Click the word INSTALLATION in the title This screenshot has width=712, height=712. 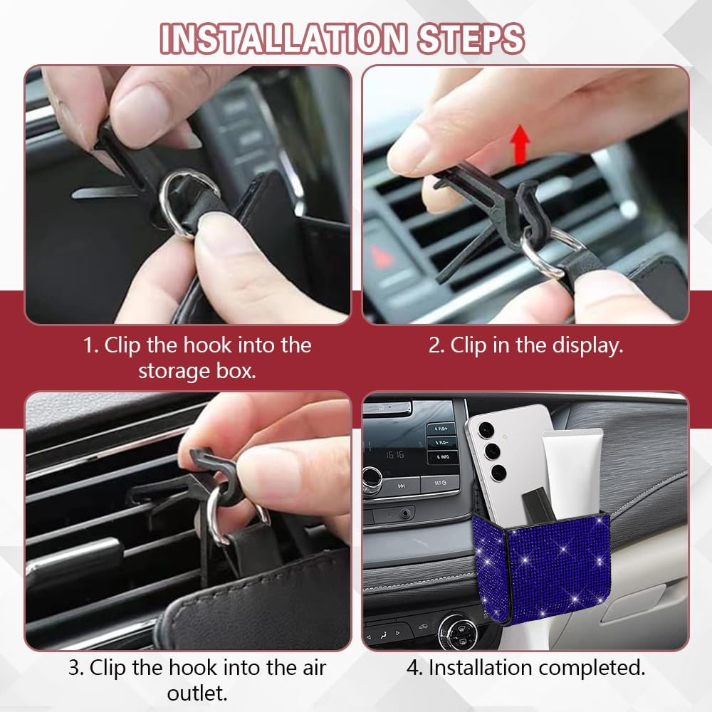coord(283,38)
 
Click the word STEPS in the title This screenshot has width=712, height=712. coord(471,38)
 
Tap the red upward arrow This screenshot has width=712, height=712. coord(520,144)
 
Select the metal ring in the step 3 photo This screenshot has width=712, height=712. coord(214,518)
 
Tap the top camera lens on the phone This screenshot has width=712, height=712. coord(486,429)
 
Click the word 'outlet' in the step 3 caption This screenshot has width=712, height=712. coord(197,693)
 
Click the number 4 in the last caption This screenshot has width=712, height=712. coord(412,668)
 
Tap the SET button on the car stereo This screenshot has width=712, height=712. coord(440,483)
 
